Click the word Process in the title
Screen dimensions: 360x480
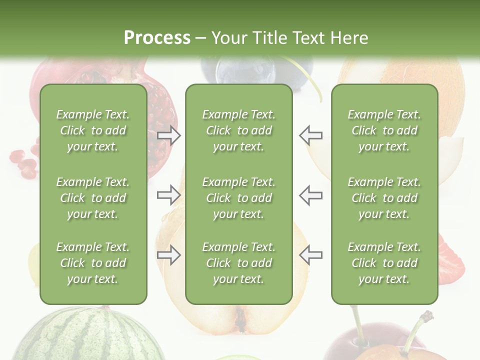(157, 37)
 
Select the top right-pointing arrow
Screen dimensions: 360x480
(168, 135)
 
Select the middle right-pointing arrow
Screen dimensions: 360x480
(168, 194)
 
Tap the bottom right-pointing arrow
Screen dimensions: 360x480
(168, 255)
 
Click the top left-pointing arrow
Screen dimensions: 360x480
(311, 135)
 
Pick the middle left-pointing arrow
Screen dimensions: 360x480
(311, 194)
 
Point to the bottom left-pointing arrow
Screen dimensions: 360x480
(311, 255)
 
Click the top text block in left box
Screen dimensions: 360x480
(93, 130)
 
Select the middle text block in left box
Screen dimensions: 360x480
(93, 198)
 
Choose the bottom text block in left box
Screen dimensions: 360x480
(93, 263)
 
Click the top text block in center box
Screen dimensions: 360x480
(238, 130)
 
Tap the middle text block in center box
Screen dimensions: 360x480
(238, 198)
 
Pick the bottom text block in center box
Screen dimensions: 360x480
(238, 263)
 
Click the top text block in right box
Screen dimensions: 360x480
(384, 130)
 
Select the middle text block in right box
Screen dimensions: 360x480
(384, 198)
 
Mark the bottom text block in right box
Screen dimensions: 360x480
(384, 263)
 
